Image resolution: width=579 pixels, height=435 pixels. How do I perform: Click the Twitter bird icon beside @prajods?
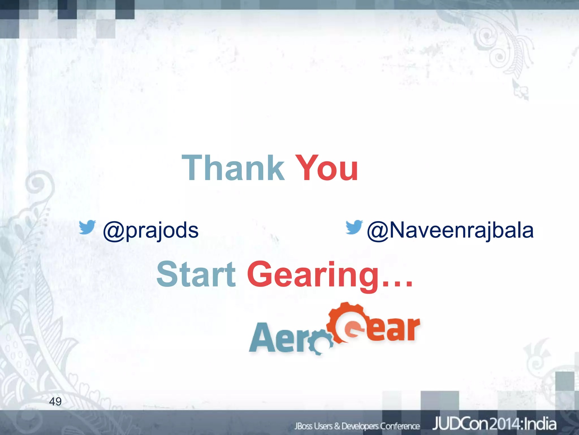tap(87, 227)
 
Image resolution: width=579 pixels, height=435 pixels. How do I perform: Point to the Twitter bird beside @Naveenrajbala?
tap(354, 227)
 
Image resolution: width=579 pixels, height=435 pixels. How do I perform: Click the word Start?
tap(196, 274)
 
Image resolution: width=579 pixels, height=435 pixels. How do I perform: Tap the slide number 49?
tap(55, 401)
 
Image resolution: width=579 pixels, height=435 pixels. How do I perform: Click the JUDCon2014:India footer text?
tap(494, 424)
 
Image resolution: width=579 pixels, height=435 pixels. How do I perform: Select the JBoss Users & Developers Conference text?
tap(357, 426)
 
